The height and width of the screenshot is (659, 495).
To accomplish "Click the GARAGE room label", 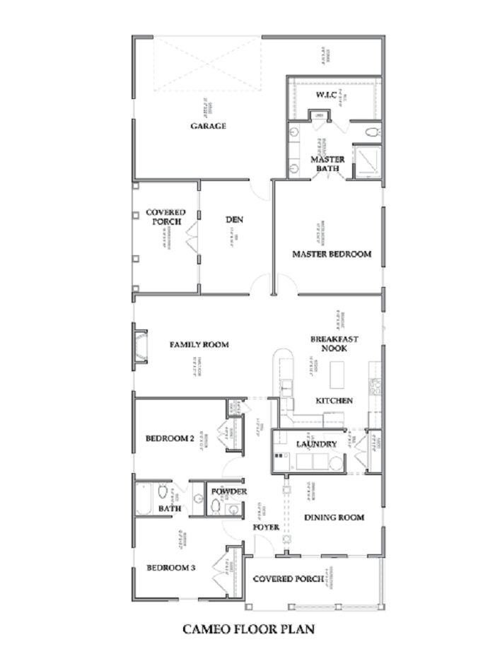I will tap(208, 126).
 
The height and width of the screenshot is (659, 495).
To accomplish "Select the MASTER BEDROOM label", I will tap(332, 254).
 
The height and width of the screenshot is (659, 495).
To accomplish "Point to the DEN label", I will tap(234, 220).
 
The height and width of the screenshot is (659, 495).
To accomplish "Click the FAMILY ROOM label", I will tap(199, 345).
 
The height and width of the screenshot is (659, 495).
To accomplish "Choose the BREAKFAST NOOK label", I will tap(334, 344).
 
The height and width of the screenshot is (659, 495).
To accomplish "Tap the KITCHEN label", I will tap(334, 400).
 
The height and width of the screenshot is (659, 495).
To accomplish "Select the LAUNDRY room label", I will tap(316, 444).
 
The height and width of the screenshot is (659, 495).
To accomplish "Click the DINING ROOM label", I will tap(334, 518).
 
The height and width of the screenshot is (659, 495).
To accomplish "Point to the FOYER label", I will tap(267, 527).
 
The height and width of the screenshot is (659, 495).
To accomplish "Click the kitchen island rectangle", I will tap(337, 371).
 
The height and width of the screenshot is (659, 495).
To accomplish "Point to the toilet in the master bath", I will tap(371, 132).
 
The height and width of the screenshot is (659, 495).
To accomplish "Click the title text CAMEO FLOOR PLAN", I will tap(248, 628).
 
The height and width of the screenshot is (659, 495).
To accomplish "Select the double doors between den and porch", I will tap(192, 241).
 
